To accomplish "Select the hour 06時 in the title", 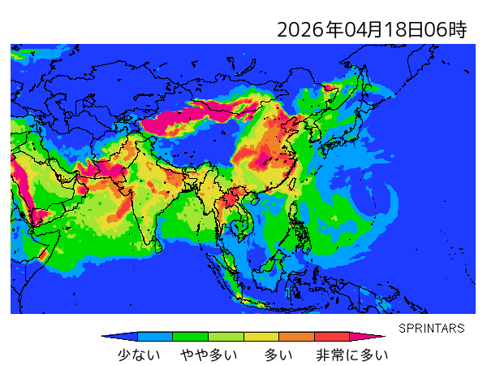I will point(446,31).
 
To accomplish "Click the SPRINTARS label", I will point(432,329).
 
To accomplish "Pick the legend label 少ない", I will point(139,355).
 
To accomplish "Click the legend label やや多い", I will point(209,355).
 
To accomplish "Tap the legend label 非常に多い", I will point(352,355).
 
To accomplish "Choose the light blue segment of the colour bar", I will point(155,336).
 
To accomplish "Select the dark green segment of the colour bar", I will point(191,336).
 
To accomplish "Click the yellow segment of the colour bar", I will point(261,336).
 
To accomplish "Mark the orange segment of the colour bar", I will point(296,336).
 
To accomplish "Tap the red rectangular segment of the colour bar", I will point(331,336).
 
